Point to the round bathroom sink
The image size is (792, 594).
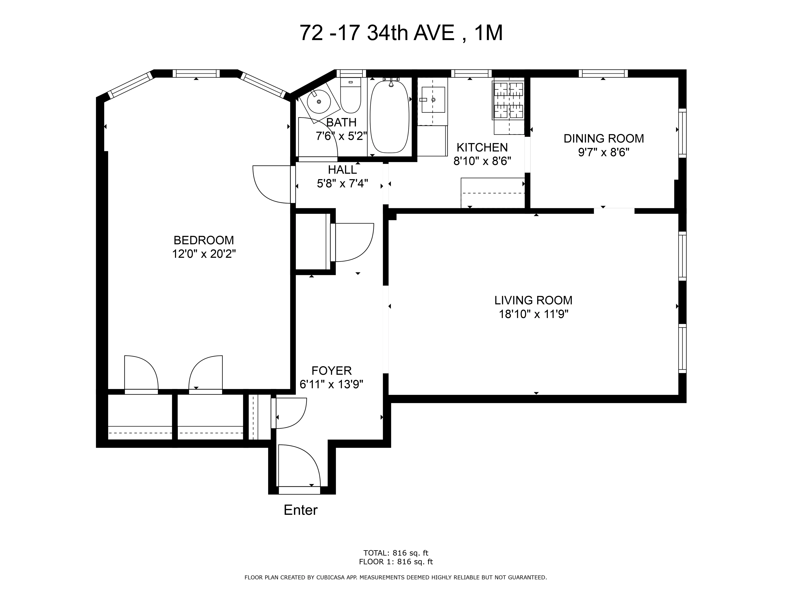(x=319, y=102)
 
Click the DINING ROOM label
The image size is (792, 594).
(x=604, y=139)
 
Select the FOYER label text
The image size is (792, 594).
(x=332, y=370)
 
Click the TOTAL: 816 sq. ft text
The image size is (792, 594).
(x=396, y=553)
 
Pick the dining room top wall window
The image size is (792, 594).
(x=603, y=73)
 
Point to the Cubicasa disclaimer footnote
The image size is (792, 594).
(x=396, y=577)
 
